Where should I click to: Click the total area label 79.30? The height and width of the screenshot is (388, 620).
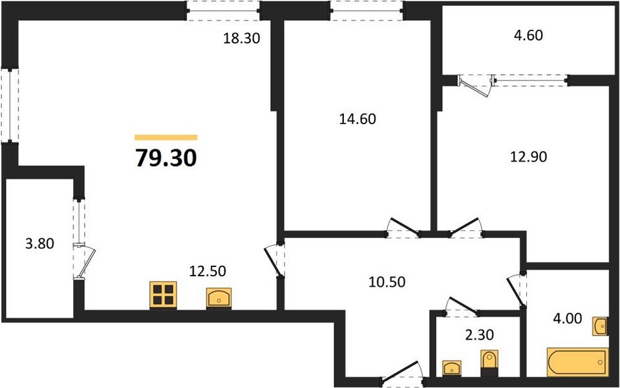pyautogui.click(x=166, y=157)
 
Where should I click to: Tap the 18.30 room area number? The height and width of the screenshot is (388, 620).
pyautogui.click(x=241, y=38)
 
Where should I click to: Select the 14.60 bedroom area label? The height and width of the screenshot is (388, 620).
pyautogui.click(x=358, y=119)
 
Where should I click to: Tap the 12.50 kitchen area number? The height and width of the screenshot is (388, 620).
pyautogui.click(x=207, y=272)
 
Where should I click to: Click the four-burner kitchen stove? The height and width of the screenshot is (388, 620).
pyautogui.click(x=164, y=294)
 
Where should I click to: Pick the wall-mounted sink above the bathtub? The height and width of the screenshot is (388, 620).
pyautogui.click(x=599, y=326)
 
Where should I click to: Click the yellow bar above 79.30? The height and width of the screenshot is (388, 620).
pyautogui.click(x=166, y=137)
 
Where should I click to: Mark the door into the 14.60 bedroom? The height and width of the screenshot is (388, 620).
pyautogui.click(x=402, y=228)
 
